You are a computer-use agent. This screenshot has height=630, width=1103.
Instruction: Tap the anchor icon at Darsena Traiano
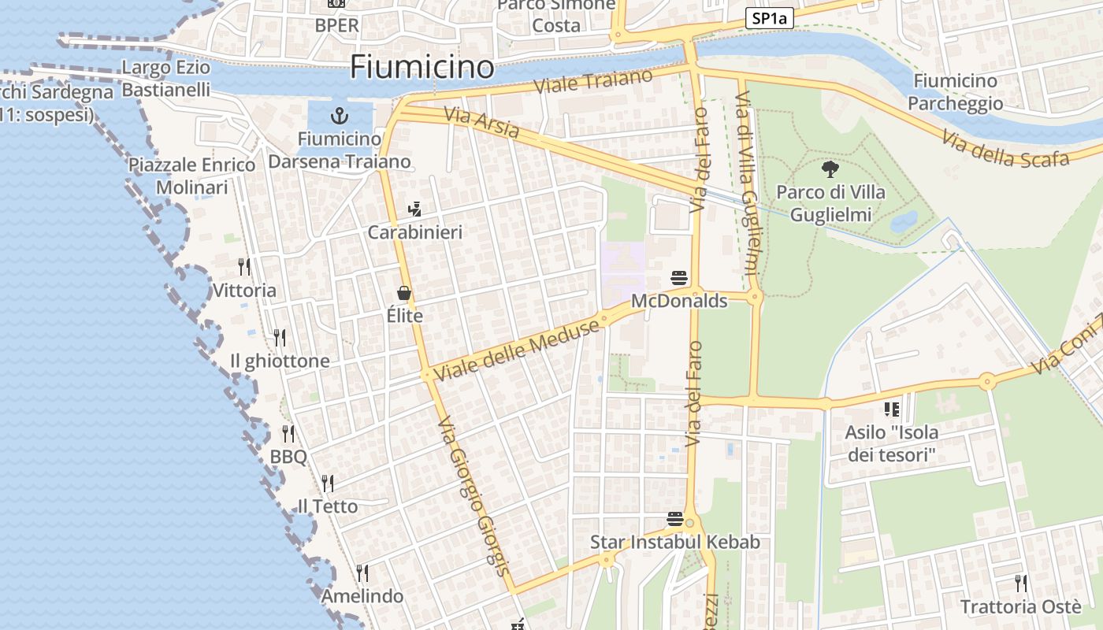click(x=339, y=117)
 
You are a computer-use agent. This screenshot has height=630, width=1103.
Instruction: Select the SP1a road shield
click(x=769, y=18)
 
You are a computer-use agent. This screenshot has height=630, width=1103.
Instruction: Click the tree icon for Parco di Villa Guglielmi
click(x=830, y=169)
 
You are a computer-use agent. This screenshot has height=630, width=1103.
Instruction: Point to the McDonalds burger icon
click(x=679, y=278)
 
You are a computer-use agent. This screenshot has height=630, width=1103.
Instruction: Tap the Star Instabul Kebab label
click(x=675, y=542)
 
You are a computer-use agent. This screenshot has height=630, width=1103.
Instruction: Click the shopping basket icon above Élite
click(x=404, y=294)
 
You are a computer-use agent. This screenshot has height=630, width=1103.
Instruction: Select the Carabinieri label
click(x=415, y=233)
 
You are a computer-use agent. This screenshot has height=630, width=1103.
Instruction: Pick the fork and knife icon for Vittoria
click(x=244, y=267)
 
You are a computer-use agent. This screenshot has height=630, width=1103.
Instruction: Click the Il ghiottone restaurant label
click(x=280, y=361)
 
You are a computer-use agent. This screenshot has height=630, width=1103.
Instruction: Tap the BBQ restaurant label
click(x=288, y=457)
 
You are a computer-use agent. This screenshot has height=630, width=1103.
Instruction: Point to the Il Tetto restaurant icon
click(x=327, y=483)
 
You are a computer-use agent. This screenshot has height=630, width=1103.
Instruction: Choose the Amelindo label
click(x=362, y=596)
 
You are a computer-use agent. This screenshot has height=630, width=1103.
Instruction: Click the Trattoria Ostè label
click(x=1020, y=607)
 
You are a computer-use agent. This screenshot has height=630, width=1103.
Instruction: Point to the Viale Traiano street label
click(x=594, y=81)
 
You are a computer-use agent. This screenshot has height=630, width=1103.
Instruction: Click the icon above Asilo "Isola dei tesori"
click(x=892, y=409)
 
